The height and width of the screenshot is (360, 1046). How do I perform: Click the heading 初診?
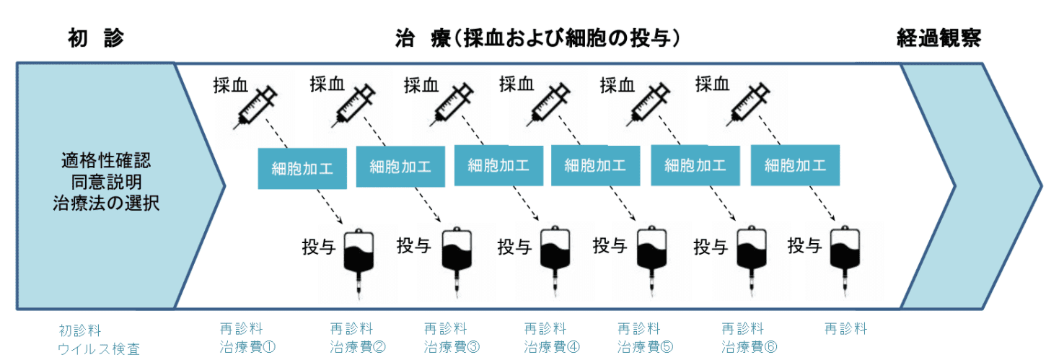(96, 38)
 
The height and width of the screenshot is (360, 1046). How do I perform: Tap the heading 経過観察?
(939, 38)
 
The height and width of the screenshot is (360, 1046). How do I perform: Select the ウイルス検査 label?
(99, 350)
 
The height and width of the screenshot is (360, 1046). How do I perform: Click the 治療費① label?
(248, 346)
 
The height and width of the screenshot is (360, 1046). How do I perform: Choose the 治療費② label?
(358, 346)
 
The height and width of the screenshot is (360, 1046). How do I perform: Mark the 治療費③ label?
(452, 346)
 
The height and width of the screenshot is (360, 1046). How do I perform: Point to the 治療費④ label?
(552, 346)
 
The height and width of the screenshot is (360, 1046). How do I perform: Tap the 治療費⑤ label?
(646, 346)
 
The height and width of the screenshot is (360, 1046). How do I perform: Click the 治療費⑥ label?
(750, 346)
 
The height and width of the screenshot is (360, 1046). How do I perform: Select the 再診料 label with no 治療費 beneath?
(845, 329)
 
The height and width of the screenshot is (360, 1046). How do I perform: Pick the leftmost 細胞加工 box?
(302, 168)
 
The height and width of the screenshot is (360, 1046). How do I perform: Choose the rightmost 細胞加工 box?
(795, 165)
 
